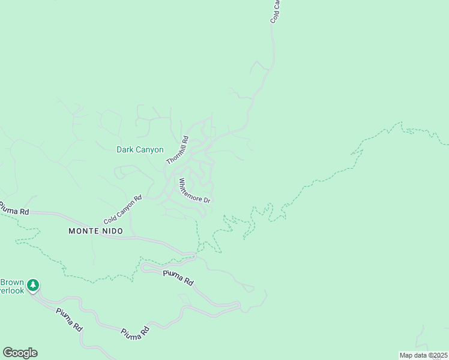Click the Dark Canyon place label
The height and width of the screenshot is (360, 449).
[140, 150]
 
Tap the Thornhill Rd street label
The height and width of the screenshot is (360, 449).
[178, 151]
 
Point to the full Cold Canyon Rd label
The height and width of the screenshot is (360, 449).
[122, 209]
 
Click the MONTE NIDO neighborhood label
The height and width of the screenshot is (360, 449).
[95, 231]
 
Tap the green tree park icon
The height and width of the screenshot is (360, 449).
[34, 284]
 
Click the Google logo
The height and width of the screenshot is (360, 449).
[20, 353]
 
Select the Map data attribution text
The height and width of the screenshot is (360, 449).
[424, 355]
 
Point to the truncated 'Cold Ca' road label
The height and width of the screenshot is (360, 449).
[276, 11]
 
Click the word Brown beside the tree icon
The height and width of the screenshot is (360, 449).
[12, 281]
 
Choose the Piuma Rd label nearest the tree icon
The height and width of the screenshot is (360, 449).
[69, 320]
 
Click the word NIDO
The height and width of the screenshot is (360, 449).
[112, 231]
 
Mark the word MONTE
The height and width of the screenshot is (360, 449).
[83, 231]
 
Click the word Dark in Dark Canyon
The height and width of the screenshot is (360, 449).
[125, 150]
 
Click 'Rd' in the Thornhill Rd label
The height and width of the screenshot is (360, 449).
[185, 140]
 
